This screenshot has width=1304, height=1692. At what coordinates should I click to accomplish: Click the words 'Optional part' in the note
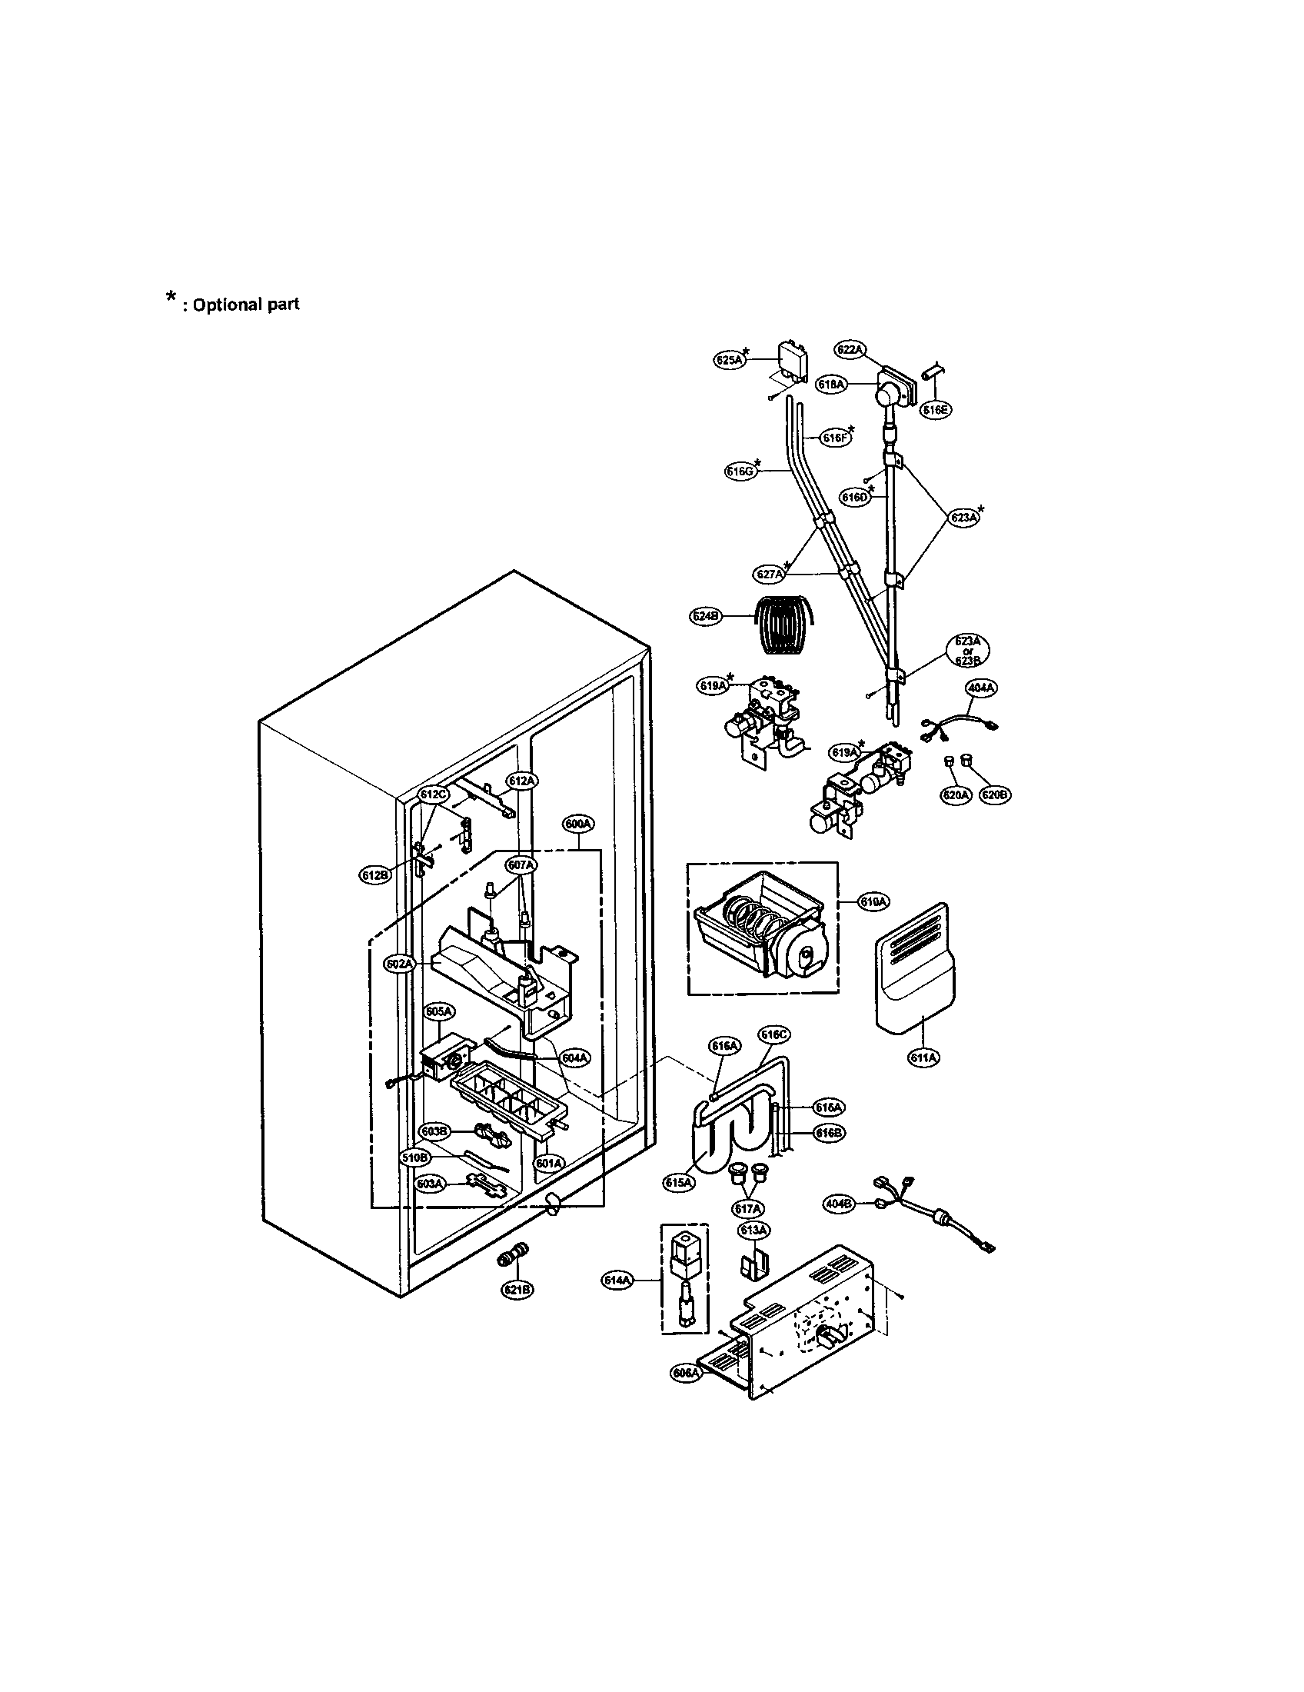tap(245, 305)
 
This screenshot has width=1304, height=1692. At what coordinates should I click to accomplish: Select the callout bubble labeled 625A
tap(728, 359)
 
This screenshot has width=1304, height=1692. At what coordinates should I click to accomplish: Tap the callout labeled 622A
tap(850, 350)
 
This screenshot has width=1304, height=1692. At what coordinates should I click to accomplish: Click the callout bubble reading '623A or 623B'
tap(968, 651)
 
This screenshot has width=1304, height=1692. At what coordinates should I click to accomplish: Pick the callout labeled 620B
tap(995, 794)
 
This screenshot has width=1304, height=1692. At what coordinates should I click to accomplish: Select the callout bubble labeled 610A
tap(874, 902)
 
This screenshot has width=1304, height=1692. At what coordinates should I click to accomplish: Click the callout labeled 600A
tap(577, 825)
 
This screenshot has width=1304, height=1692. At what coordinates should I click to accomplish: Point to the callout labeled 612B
tap(374, 874)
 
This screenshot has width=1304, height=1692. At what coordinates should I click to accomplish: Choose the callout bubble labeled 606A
tap(686, 1373)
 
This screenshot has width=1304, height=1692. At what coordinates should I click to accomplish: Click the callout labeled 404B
tap(839, 1204)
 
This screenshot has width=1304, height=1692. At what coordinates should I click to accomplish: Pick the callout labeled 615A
tap(679, 1182)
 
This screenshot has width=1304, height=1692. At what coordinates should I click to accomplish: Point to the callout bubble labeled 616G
tap(740, 471)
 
